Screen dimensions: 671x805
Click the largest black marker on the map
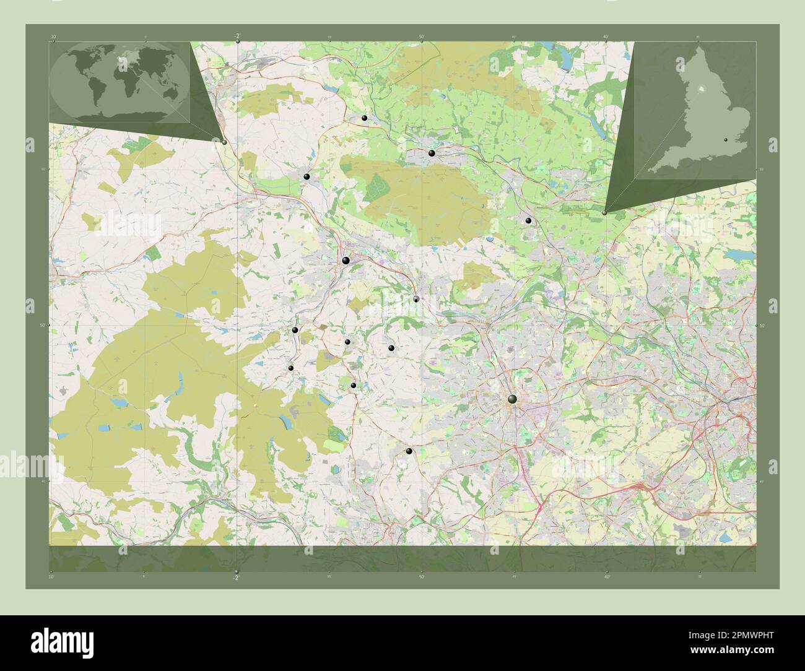(512, 400)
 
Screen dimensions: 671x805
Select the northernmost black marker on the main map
(365, 118)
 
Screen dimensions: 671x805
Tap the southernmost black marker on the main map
(408, 451)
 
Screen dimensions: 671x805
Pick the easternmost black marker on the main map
(528, 220)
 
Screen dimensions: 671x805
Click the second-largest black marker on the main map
(346, 261)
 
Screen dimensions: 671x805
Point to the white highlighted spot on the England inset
(701, 89)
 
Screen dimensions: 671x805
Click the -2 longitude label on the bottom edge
(235, 578)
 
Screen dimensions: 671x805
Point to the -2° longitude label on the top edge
(238, 35)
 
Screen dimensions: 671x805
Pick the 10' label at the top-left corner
(54, 37)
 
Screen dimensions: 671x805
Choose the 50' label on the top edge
(421, 37)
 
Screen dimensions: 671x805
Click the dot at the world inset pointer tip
(224, 142)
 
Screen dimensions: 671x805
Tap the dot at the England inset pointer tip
(604, 212)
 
